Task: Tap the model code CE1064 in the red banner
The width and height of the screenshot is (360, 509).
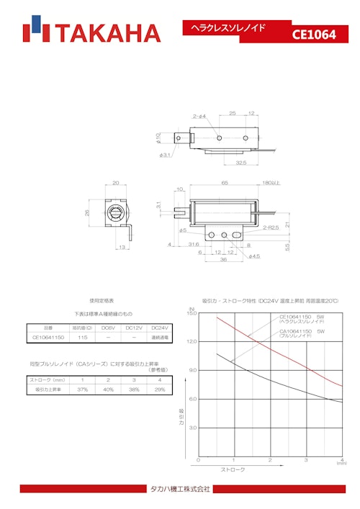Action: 314,34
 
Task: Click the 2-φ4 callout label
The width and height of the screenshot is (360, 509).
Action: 199,116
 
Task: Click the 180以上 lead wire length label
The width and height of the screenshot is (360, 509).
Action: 271,184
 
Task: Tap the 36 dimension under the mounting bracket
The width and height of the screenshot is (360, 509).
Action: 222,260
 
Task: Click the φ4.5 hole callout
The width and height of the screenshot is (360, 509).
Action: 254,256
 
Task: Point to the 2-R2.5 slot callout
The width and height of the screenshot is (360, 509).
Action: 271,228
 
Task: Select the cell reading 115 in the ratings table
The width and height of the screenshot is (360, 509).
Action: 83,337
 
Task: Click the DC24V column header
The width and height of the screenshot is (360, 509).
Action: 160,327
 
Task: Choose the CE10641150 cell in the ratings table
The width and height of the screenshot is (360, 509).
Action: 49,337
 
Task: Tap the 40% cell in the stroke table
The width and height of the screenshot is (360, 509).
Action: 108,389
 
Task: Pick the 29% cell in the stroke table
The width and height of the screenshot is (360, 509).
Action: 159,389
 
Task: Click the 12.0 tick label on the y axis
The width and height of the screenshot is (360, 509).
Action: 192,341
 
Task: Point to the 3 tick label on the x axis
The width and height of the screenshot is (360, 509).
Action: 306,459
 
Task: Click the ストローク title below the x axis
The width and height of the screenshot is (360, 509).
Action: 233,469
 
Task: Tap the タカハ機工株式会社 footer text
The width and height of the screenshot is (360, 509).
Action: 180,490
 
